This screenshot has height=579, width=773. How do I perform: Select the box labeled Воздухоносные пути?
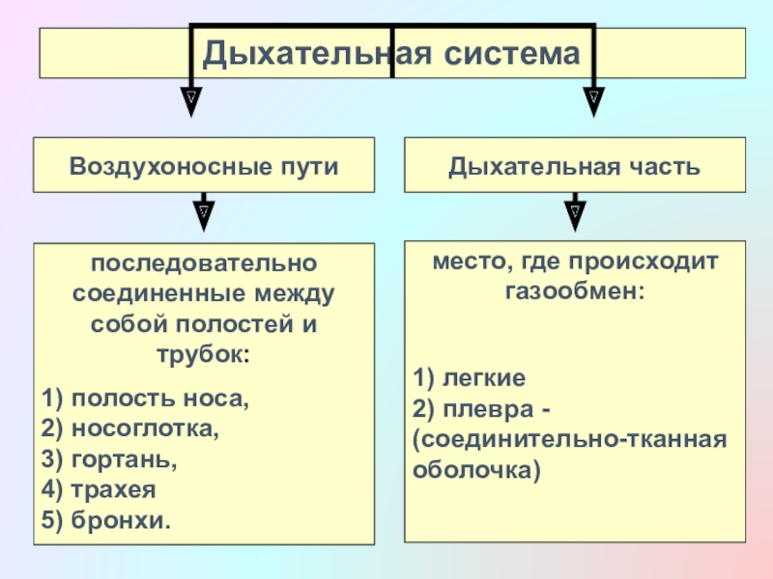204,165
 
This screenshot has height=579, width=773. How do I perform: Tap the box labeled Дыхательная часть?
575,165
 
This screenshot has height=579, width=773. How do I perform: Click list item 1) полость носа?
146,398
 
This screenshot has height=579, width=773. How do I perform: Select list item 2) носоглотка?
131,428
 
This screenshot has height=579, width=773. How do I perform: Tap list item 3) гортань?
111,459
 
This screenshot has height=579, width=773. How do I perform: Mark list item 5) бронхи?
106,521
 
